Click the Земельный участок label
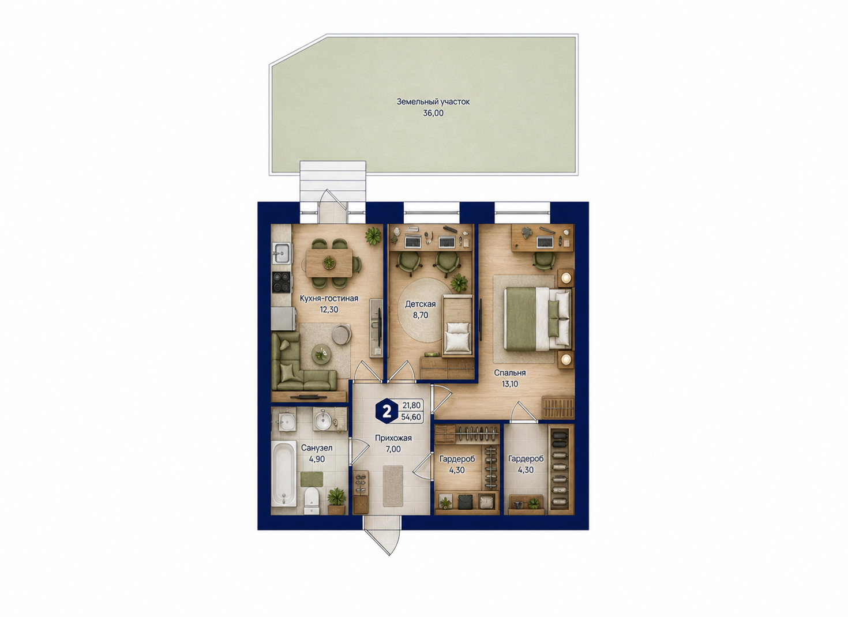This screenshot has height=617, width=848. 433,102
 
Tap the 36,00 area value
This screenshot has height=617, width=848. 433,113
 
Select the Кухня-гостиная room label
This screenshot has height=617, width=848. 329,298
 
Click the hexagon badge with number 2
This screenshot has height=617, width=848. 387,411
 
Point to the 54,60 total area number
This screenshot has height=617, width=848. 411,417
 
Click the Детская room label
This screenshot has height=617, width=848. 420,304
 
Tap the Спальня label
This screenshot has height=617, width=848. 510,373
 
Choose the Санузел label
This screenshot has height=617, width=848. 317,448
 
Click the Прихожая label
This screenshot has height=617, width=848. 393,438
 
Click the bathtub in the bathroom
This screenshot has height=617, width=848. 284,473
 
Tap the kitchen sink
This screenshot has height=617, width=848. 282,253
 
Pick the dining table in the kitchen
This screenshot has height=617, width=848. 329,262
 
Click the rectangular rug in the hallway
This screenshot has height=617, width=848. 393,486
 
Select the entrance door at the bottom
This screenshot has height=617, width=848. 382,537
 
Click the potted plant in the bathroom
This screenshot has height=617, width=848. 336,501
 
